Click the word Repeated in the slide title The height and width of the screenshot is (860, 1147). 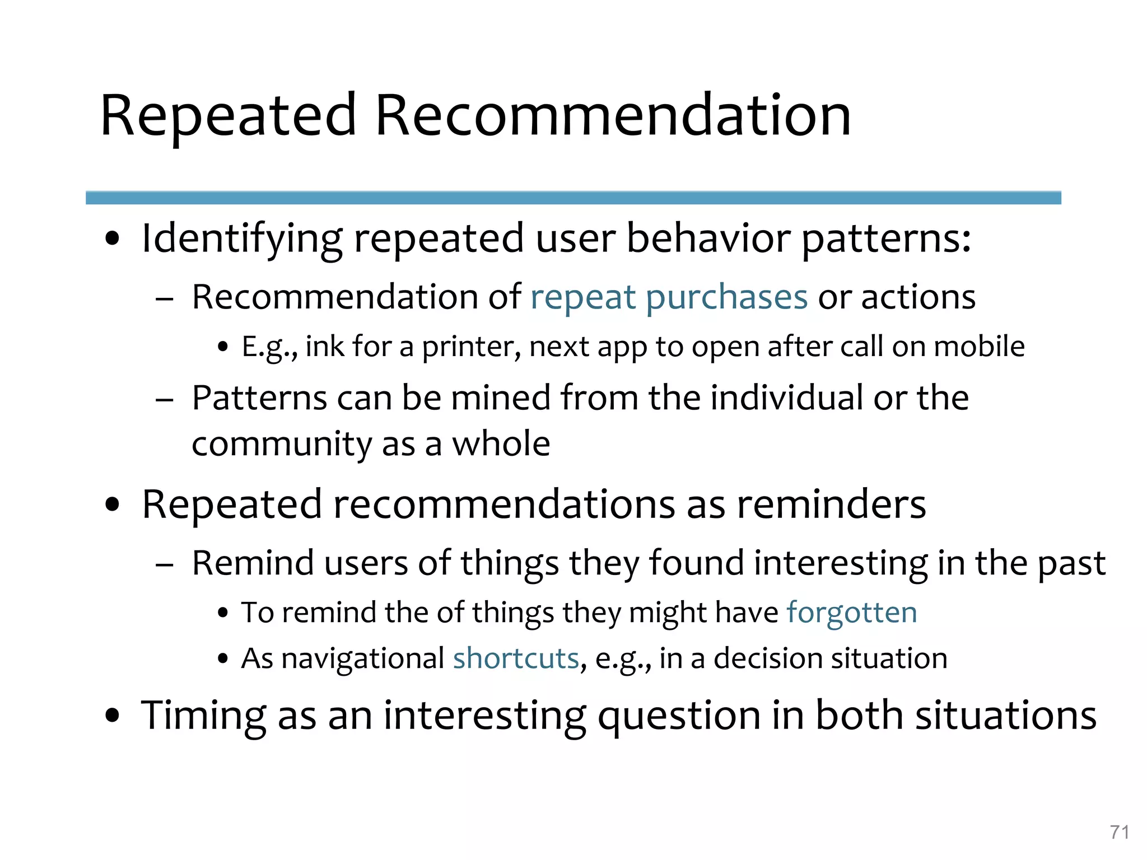click(x=228, y=116)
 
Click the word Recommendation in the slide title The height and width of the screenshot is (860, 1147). click(x=613, y=116)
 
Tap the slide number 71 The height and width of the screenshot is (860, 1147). click(x=1119, y=833)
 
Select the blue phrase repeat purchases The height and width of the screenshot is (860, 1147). click(x=669, y=297)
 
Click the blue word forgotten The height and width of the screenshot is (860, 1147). click(x=852, y=612)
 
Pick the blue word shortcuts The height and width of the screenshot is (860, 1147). click(x=516, y=658)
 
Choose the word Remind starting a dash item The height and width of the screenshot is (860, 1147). click(x=253, y=563)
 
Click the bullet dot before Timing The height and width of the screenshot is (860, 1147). click(x=113, y=715)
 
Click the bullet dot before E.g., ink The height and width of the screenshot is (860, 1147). click(x=223, y=348)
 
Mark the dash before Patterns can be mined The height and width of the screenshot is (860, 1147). click(x=164, y=400)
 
